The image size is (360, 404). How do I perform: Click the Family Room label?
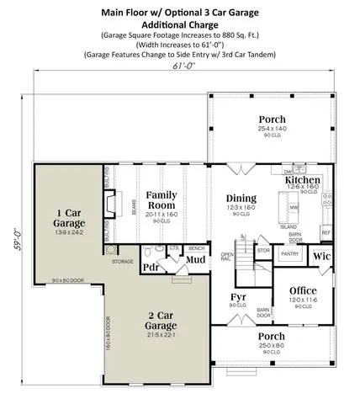point(161,200)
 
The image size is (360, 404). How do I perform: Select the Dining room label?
point(241,199)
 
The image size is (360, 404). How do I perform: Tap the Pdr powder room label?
point(151,268)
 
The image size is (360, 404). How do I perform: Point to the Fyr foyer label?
point(238,298)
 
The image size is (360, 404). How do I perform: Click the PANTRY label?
point(290,252)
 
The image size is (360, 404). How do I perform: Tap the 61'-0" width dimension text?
point(184,66)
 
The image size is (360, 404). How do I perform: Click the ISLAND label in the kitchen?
point(289,226)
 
